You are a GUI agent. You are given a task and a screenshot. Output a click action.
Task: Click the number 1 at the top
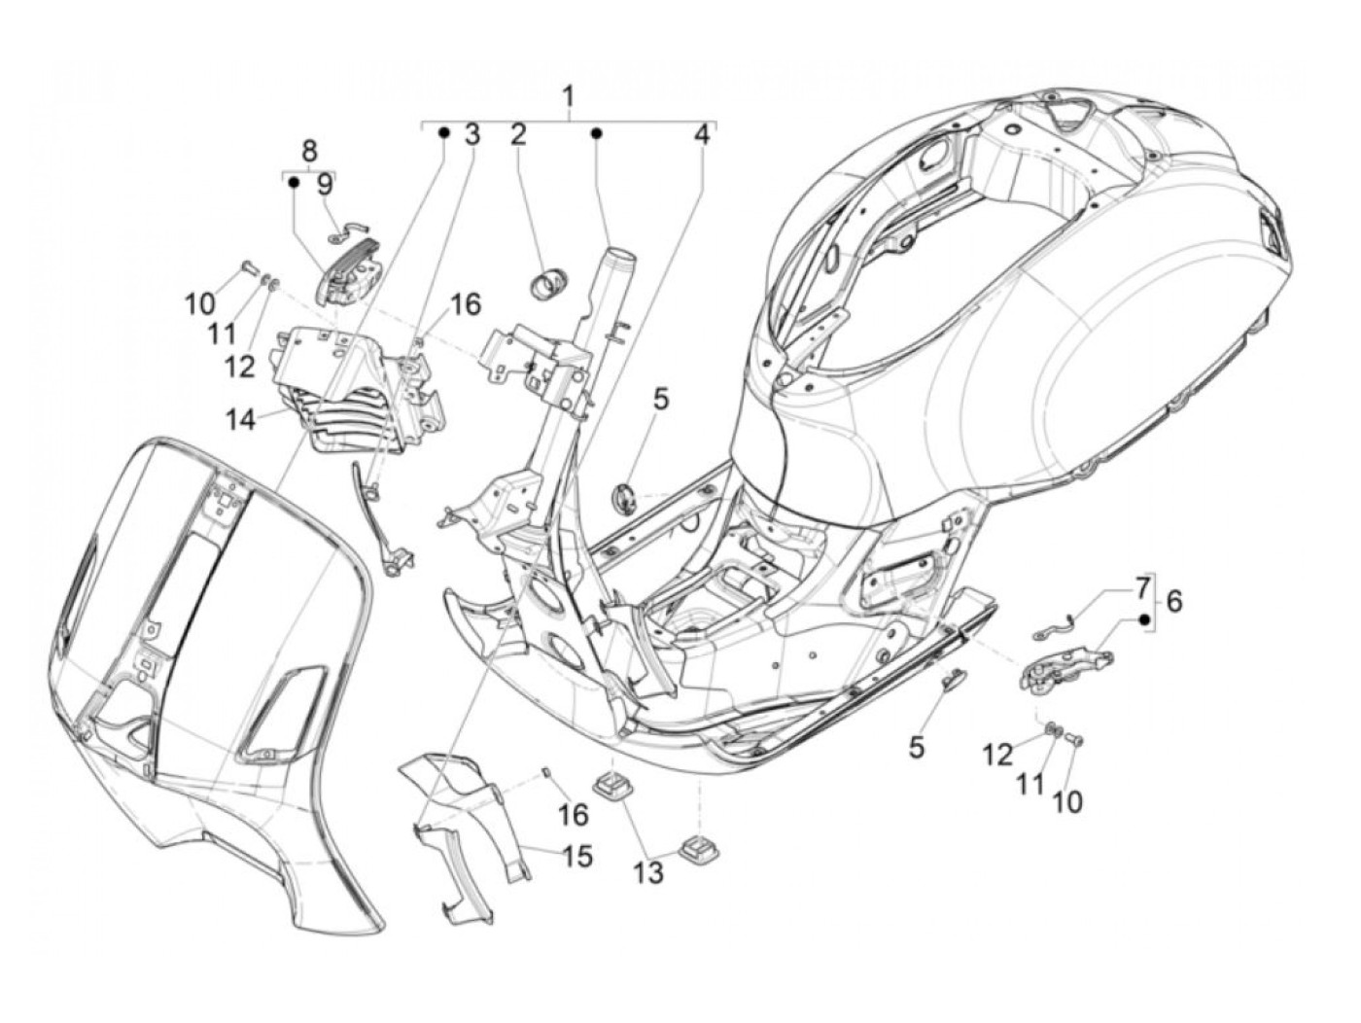click(568, 97)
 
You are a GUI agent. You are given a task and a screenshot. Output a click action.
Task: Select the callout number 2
click(518, 134)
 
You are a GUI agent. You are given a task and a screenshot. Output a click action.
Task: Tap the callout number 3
click(471, 134)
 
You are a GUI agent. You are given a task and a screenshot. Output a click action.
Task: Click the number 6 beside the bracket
click(1173, 601)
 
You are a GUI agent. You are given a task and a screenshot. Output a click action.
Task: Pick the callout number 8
click(309, 151)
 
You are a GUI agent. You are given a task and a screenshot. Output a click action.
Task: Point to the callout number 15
click(577, 857)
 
